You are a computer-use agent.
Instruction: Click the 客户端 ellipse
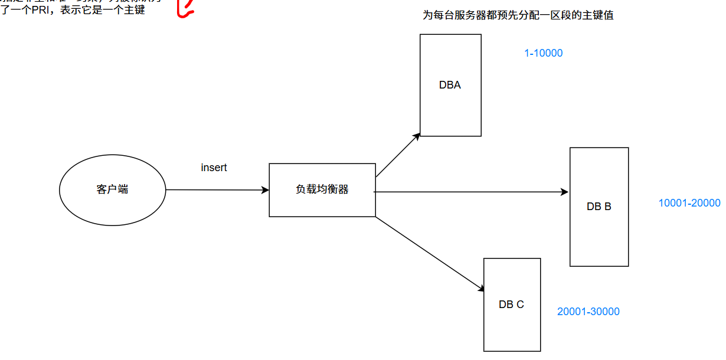tap(112, 190)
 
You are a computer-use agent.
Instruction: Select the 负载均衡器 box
tap(322, 190)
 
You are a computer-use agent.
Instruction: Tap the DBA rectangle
tap(450, 85)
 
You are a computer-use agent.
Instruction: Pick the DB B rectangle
tap(599, 207)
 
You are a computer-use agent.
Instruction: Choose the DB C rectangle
tap(512, 305)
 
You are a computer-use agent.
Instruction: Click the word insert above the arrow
tap(214, 168)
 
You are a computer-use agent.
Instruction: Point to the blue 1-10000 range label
tap(543, 53)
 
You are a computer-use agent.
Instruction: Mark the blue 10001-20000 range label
tap(689, 203)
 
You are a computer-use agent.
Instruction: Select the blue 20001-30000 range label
tap(588, 312)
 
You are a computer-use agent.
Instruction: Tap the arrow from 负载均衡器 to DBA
tap(397, 155)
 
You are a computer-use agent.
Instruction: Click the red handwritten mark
tap(185, 8)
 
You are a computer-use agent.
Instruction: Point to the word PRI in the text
tap(42, 10)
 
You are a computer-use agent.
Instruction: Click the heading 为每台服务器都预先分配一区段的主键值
tap(518, 15)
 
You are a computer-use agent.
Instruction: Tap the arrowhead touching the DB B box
tap(564, 192)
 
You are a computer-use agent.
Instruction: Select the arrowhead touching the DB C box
tap(481, 288)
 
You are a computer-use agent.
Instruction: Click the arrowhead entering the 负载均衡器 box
tap(265, 190)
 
